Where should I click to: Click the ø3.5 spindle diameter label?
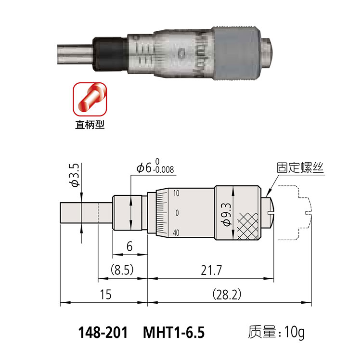tap(74, 175)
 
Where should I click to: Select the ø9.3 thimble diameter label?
tap(226, 214)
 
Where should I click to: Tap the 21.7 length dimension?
tap(211, 270)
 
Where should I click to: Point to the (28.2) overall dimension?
tap(227, 294)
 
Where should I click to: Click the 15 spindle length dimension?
tap(106, 295)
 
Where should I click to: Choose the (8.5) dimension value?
tap(122, 270)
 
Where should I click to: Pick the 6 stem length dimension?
tap(129, 246)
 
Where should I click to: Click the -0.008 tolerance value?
tap(164, 170)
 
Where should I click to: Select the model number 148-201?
tap(103, 333)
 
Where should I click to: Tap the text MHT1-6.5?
tap(174, 333)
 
